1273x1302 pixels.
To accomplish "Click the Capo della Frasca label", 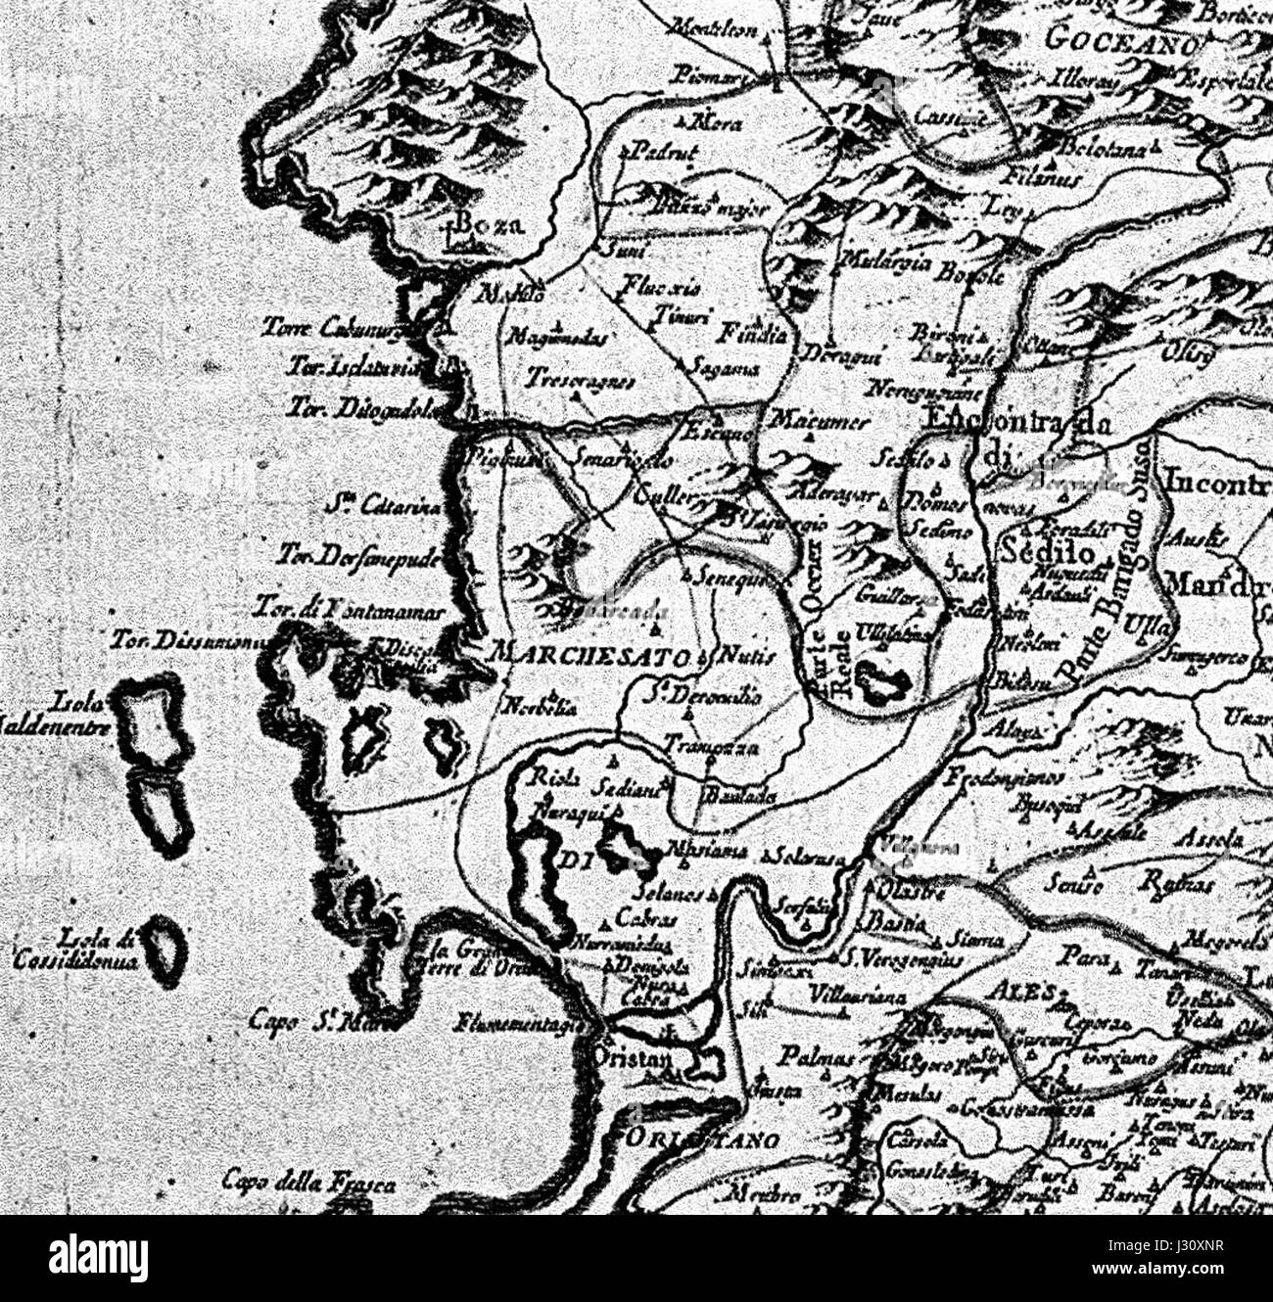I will (x=308, y=1182).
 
